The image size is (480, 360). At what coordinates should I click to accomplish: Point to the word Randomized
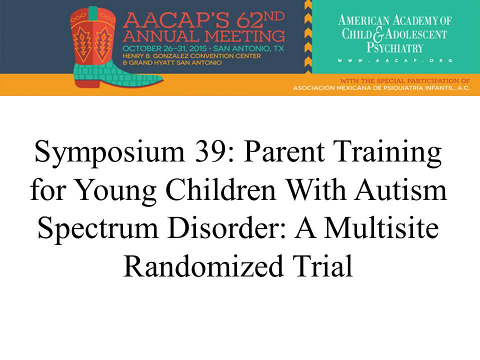point(203,266)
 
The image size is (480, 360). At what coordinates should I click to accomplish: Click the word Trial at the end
point(322,266)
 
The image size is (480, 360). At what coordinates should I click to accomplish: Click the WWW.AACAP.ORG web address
point(395,60)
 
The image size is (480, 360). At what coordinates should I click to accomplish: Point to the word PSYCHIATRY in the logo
point(395,48)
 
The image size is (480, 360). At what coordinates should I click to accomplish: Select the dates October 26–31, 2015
point(164,48)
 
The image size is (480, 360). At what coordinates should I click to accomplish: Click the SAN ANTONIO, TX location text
point(248,48)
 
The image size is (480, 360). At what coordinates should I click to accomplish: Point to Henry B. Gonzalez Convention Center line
point(191,56)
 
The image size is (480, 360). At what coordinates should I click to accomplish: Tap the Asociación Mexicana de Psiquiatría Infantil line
point(381,88)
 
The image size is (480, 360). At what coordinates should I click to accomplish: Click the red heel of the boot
point(87,83)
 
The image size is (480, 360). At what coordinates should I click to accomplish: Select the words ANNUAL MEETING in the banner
point(204,36)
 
